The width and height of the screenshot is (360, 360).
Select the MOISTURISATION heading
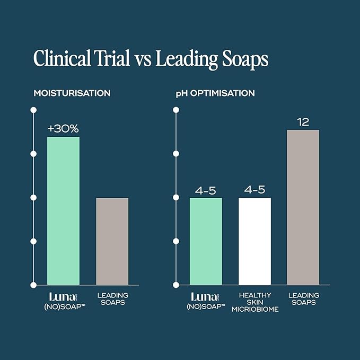point(72,93)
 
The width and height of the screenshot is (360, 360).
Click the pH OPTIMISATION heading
point(215,93)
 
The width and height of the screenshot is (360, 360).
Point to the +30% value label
point(63,128)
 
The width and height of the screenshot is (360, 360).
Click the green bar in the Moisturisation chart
point(63,210)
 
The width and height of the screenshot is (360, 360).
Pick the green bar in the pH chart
point(206,241)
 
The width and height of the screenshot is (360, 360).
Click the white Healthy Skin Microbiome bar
point(254,241)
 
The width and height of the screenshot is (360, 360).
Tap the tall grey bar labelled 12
point(303,207)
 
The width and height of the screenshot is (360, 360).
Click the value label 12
point(303,121)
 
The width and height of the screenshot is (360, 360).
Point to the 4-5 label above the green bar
point(206,189)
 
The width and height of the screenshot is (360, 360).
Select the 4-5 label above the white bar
point(254,189)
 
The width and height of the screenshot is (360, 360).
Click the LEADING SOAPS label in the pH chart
point(303,298)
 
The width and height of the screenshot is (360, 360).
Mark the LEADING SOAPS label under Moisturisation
point(112,298)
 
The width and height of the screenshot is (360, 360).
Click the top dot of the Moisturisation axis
point(33,110)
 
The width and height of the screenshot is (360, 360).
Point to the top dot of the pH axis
point(176,110)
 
